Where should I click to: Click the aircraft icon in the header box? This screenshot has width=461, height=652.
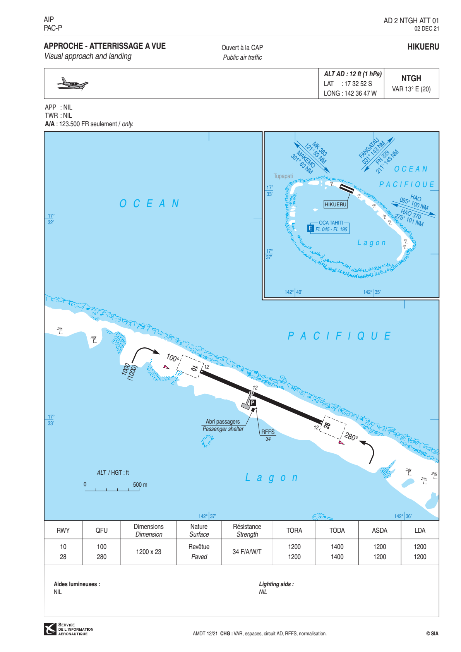pos(72,84)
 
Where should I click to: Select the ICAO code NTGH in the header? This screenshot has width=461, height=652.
pos(411,79)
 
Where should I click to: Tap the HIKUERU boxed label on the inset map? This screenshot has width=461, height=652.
pos(335,204)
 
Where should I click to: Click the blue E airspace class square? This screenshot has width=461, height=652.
pos(310,228)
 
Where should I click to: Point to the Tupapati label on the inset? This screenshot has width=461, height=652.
pos(283,176)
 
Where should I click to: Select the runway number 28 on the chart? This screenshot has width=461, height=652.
pos(327,426)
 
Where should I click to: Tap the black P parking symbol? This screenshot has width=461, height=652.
pos(253,403)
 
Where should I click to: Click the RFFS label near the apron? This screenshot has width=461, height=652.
pos(267,432)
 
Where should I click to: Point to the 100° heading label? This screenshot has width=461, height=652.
pos(173,358)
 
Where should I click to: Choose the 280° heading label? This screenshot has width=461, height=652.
pos(351,437)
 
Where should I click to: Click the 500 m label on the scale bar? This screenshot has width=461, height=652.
pos(140,485)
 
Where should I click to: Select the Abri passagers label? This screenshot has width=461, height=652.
pos(223,422)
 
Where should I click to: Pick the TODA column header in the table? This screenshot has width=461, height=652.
pos(337,530)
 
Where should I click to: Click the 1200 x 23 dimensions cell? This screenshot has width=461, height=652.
pos(148,552)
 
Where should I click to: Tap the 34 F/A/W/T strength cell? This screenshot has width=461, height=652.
pos(247,552)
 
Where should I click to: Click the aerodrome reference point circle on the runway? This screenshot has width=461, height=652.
pos(251,393)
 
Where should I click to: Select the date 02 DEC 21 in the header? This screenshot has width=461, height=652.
pos(427,29)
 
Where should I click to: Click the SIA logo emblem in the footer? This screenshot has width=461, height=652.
pos(50,629)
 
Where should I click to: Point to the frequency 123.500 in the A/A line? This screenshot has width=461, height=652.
pos(70,124)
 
